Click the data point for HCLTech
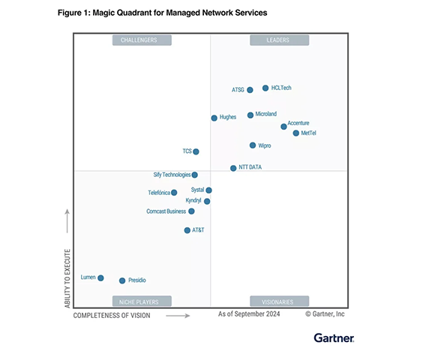click(265, 88)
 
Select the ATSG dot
click(250, 90)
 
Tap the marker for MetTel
click(296, 133)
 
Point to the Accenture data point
click(283, 126)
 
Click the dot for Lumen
click(100, 277)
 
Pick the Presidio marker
click(121, 280)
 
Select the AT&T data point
click(187, 230)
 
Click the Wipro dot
click(253, 145)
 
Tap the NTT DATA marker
click(233, 168)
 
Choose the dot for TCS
click(196, 151)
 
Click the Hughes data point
click(214, 118)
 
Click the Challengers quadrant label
click(141, 40)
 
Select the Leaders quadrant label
click(278, 40)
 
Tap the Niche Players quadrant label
click(141, 301)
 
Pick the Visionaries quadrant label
click(278, 301)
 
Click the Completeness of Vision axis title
click(112, 316)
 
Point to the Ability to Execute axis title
click(67, 277)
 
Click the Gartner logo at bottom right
click(334, 339)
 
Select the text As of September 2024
click(249, 314)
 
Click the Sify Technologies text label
click(172, 175)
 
